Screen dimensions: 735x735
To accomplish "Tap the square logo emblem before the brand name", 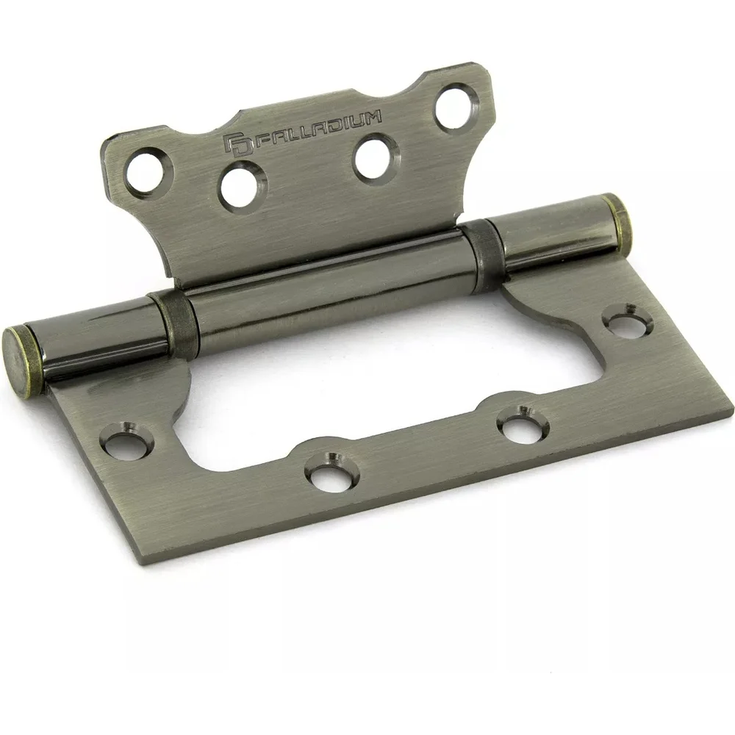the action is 238,144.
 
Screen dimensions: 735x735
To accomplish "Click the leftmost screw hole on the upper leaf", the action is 146,171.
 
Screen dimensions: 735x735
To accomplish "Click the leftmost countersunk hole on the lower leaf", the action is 126,440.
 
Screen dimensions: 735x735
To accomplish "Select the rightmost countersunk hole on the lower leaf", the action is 627,322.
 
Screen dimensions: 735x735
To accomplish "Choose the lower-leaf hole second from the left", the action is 332,472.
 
